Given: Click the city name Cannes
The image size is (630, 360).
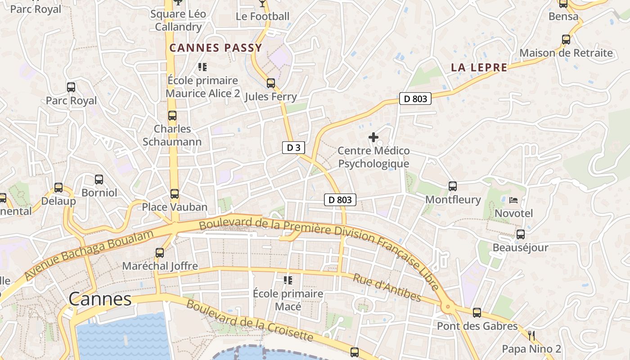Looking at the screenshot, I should (x=100, y=299).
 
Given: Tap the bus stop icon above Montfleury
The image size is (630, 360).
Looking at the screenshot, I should (x=453, y=186).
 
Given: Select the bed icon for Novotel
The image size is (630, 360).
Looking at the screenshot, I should (x=513, y=200).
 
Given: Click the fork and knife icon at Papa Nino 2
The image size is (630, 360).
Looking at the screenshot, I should (x=531, y=335).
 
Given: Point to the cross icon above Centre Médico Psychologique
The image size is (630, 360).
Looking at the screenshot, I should (x=373, y=137).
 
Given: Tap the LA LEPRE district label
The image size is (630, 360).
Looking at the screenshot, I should (x=479, y=68).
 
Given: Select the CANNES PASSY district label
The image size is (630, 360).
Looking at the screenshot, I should (x=216, y=48).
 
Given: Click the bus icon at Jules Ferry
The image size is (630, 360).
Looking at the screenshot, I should (x=270, y=83).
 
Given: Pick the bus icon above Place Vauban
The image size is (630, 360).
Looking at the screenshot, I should (x=175, y=194).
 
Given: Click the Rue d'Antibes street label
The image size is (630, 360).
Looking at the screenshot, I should (x=387, y=288).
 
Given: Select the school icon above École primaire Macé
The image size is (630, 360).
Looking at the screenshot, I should (x=288, y=280).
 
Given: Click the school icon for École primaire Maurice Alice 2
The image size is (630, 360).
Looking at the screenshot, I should (x=202, y=67).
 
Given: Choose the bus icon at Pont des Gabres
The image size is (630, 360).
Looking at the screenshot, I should (x=477, y=312).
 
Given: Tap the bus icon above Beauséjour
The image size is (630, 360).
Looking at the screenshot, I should (x=521, y=234).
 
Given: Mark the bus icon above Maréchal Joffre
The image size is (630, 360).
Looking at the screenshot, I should (x=160, y=252).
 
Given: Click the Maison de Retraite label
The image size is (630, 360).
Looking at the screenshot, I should (x=566, y=53).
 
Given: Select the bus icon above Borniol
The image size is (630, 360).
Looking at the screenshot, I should (x=99, y=180).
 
